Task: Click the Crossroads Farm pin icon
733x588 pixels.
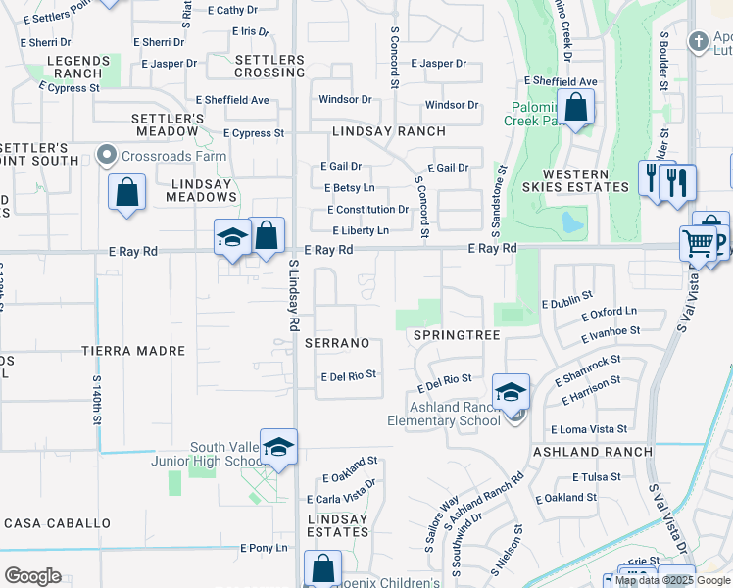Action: point(107,156)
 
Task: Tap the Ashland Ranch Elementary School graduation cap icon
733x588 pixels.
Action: point(511,392)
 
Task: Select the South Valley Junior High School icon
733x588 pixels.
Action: point(278,447)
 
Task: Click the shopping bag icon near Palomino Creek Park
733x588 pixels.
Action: point(576,107)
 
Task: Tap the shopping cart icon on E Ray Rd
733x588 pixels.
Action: point(698,242)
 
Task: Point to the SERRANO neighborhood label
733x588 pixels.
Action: point(337,343)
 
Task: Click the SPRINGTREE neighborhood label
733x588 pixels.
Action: point(457,335)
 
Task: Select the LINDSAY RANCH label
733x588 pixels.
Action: point(388,131)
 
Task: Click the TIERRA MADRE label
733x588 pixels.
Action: point(133,351)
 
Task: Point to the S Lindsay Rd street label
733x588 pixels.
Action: point(293,294)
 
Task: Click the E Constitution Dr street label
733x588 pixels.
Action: point(367,210)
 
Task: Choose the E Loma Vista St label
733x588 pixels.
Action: point(588,429)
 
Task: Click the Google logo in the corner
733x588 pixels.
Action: point(32,576)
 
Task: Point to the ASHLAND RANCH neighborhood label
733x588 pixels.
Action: point(592,452)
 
